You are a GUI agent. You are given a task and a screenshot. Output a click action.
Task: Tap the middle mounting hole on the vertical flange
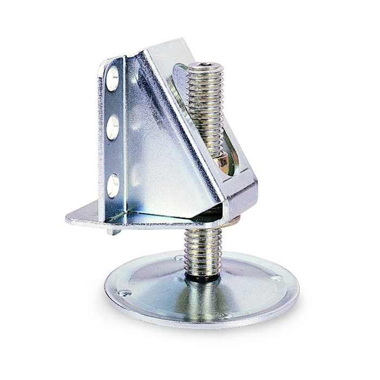[113, 129]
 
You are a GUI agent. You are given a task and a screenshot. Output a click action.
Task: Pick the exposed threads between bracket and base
[201, 250]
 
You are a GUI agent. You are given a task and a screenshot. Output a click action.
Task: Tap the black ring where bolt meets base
[201, 277]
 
